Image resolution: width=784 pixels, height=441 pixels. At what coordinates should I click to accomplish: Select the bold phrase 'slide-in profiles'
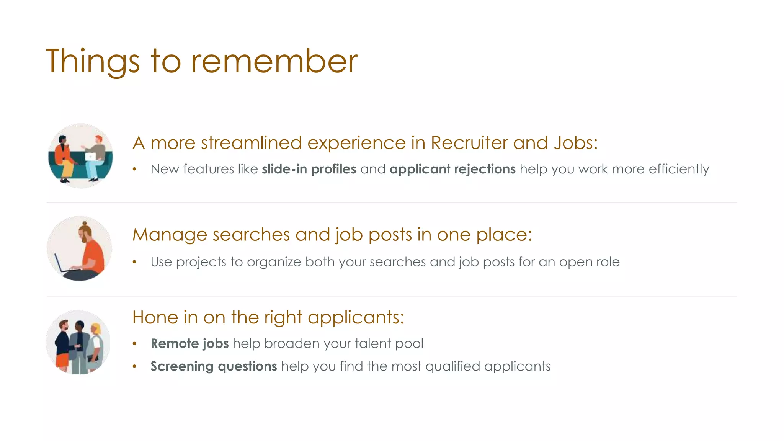(309, 169)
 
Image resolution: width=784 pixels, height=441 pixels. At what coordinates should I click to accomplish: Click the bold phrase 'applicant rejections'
(452, 169)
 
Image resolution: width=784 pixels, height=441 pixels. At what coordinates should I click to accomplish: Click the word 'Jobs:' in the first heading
(575, 143)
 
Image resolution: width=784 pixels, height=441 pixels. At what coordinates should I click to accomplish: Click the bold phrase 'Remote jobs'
(189, 343)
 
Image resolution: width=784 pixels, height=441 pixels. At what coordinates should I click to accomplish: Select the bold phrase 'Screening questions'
(214, 366)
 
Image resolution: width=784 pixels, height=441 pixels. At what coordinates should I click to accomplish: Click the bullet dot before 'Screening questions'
(134, 367)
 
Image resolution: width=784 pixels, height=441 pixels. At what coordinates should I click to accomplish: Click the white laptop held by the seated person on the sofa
(90, 156)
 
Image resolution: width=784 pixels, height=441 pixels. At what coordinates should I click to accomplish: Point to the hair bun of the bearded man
(84, 223)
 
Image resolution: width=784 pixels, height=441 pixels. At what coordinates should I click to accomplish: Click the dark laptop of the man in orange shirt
(61, 264)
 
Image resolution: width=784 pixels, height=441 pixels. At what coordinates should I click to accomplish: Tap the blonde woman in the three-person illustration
(95, 345)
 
